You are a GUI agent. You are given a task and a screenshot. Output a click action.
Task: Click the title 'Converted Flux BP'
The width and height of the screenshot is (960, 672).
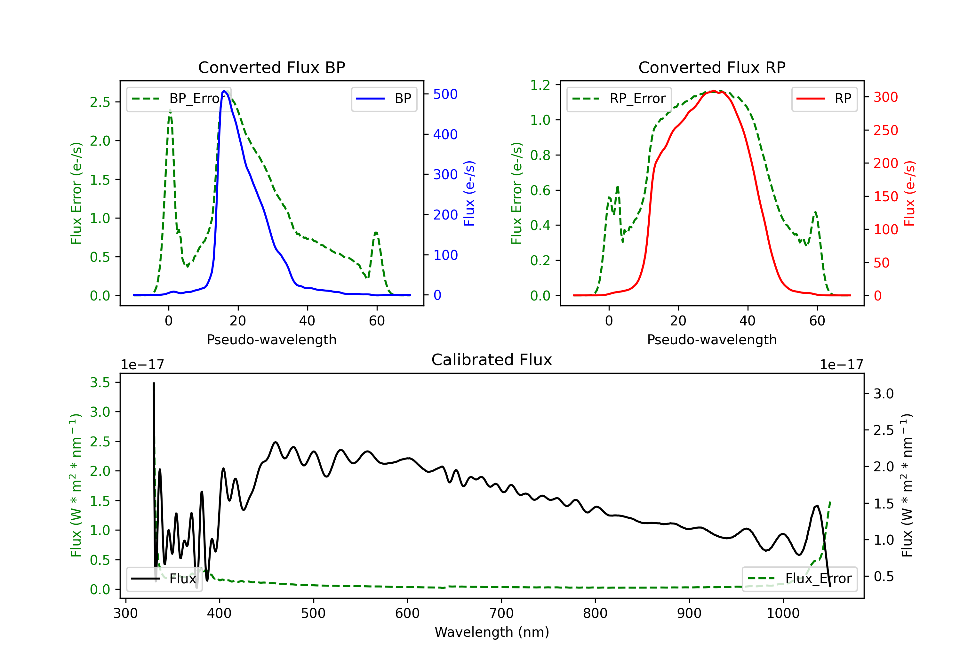click(271, 67)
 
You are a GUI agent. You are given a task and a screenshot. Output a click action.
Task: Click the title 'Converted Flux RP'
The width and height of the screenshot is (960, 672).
click(712, 67)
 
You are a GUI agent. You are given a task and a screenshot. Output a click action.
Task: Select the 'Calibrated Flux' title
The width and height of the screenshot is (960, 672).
click(492, 360)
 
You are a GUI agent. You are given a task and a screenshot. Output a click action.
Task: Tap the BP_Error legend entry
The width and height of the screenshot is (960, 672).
click(179, 99)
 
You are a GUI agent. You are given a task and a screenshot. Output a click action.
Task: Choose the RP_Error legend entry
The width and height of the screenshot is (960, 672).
click(619, 99)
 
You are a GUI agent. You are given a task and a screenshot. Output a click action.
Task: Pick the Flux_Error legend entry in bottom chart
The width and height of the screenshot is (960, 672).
click(799, 579)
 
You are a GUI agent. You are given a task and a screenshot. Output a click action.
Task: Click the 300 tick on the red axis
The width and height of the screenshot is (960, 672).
click(885, 97)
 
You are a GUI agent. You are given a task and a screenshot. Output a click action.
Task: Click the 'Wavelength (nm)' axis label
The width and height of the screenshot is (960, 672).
click(492, 632)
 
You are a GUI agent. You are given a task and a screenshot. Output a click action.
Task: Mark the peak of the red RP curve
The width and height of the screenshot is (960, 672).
click(714, 91)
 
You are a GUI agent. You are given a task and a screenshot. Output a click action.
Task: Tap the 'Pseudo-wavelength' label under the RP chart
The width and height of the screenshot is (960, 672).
click(712, 340)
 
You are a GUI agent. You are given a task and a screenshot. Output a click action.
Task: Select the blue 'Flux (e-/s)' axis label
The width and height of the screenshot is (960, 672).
click(469, 193)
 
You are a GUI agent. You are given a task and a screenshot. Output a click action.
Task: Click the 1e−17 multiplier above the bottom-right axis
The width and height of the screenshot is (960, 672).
click(841, 365)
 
